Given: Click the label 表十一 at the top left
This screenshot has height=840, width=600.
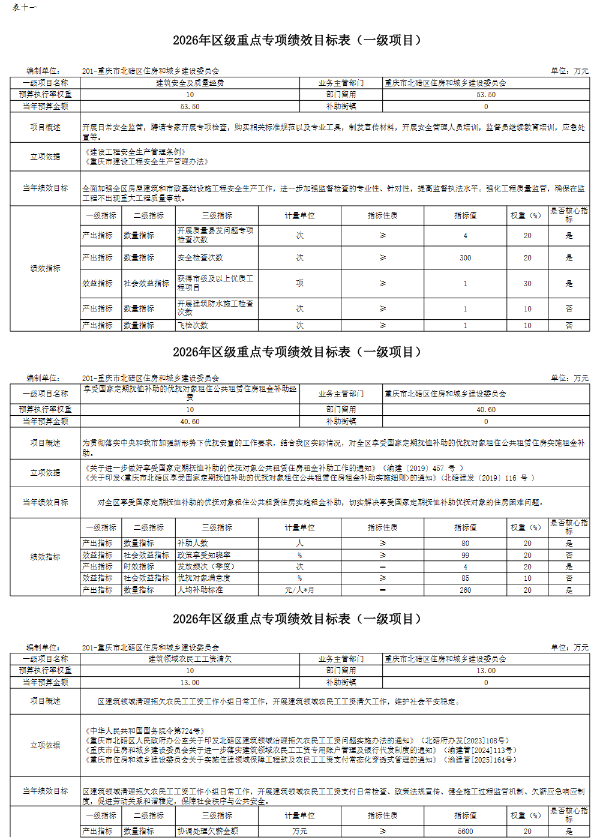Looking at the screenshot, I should tap(25, 7).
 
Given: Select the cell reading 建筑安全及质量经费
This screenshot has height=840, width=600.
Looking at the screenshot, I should tap(190, 83).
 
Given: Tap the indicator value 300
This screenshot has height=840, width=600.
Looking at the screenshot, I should tap(465, 258).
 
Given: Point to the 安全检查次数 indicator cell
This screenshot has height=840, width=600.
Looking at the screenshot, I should tap(200, 258).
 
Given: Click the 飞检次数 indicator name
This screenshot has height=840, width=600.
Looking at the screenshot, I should tap(193, 325).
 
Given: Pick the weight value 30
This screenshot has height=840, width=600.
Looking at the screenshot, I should tap(527, 283).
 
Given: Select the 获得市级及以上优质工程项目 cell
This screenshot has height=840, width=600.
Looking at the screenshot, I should tap(215, 283).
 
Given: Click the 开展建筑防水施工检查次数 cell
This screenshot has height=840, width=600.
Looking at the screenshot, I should tap(215, 308).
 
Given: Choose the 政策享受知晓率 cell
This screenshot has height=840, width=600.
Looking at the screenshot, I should tap(204, 555).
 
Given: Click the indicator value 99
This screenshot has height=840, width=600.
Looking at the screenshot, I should tap(465, 555).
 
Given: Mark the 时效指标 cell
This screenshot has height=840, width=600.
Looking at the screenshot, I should tap(139, 566).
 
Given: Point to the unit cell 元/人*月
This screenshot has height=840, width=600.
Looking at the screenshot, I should tap(299, 590).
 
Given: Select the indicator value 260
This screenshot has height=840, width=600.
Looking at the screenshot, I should tap(465, 590).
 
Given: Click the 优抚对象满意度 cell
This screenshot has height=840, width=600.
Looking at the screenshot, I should tap(204, 578).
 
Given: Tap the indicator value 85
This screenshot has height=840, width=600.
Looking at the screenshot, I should tap(465, 578).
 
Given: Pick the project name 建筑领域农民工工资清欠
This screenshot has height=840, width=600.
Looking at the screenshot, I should tap(190, 659).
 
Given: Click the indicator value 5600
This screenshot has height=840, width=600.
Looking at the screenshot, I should tap(465, 832).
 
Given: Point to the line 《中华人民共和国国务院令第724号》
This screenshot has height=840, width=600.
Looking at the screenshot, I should tap(145, 731).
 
